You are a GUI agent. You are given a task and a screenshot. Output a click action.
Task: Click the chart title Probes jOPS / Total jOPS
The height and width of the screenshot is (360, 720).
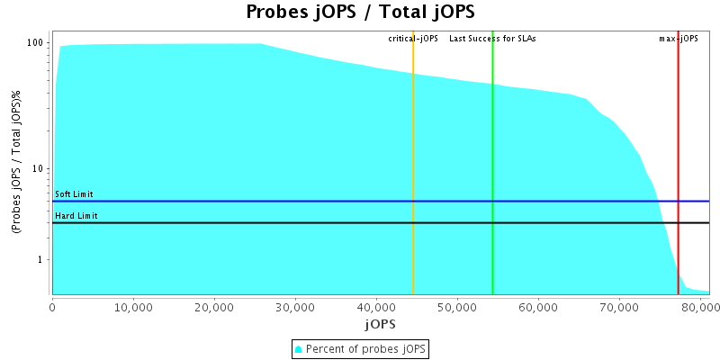point(360,12)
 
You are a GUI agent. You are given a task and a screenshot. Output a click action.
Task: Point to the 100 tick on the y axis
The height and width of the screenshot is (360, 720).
point(36,42)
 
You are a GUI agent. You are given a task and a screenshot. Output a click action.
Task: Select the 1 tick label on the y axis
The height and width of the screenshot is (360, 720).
point(41,260)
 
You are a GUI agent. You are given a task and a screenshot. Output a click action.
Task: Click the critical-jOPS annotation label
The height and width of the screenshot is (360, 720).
point(413,39)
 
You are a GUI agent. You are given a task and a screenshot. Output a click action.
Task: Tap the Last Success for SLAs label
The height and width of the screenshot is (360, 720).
point(492,39)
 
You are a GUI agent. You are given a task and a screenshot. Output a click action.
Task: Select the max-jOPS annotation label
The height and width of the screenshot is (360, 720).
point(679,39)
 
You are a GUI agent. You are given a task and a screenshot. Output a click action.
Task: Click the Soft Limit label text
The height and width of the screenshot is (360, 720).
point(74,194)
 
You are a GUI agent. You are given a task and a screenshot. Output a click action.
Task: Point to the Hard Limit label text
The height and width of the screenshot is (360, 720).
point(76,216)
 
